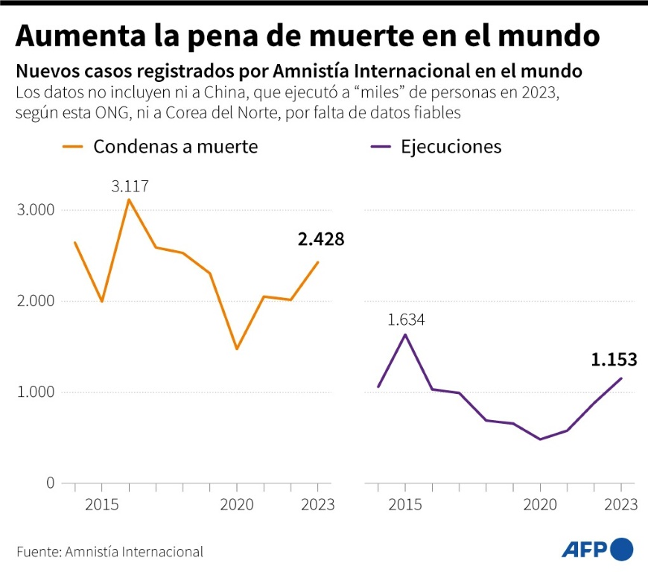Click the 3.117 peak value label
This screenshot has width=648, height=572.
[x=130, y=185]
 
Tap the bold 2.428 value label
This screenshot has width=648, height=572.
[x=321, y=239]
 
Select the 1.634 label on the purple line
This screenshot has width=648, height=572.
[x=406, y=320]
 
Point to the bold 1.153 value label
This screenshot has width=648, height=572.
[x=614, y=360]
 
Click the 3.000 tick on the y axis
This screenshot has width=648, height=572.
[x=35, y=210]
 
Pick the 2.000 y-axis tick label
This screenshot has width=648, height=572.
[x=35, y=301]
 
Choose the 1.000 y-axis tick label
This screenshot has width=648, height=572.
[x=35, y=392]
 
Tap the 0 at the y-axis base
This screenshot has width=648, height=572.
[x=50, y=483]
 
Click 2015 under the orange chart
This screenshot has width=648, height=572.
[x=101, y=505]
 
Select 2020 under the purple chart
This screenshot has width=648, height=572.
[x=541, y=505]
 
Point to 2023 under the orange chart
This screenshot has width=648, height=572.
[x=318, y=505]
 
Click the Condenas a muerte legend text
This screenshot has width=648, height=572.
[x=175, y=146]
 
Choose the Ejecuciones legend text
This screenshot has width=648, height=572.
[x=451, y=146]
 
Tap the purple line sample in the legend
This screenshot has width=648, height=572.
[x=380, y=147]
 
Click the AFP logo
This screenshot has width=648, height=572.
[x=597, y=550]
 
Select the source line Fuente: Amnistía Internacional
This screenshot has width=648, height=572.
[x=109, y=552]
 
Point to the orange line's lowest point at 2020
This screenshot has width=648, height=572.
[x=237, y=349]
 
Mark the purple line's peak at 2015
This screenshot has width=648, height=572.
[x=405, y=334]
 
